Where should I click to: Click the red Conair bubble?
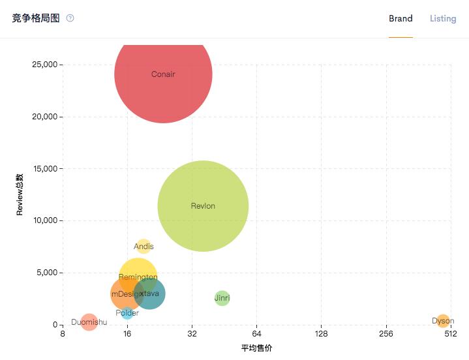point(163,74)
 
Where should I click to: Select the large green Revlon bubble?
point(203,206)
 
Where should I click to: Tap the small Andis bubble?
point(144,246)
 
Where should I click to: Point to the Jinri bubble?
point(222,298)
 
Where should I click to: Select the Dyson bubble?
point(443,321)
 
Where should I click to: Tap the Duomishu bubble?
point(89,322)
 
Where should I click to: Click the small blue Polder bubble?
point(127,314)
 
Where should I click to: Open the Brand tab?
point(401,18)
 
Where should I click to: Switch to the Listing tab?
point(443,18)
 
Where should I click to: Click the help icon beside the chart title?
point(70,18)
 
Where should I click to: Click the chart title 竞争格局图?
point(36,18)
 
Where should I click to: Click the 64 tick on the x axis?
point(256,335)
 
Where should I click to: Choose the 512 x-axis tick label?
point(451,335)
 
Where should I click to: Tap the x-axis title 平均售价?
point(256,348)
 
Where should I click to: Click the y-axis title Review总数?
point(20,194)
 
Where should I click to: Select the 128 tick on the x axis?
point(321,335)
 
